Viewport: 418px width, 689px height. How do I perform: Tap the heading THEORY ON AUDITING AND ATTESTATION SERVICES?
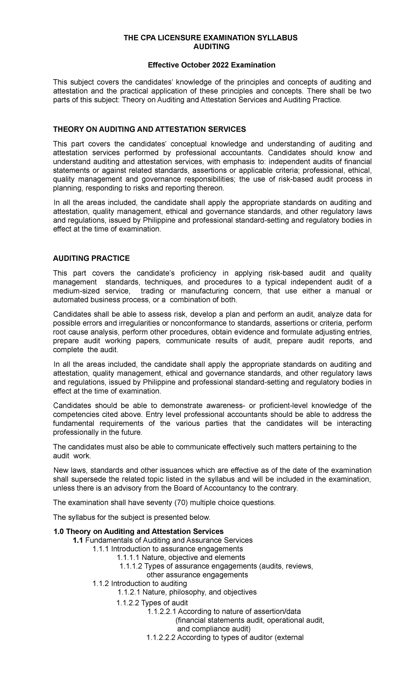coord(149,129)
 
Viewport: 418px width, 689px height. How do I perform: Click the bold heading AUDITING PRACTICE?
coord(91,258)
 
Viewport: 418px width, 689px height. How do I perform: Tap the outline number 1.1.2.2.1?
coord(162,611)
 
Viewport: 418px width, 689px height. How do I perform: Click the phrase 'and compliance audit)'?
coord(214,629)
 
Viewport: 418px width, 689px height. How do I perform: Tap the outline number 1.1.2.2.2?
coord(162,638)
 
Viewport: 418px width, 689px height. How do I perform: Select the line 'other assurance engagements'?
coord(197,575)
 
